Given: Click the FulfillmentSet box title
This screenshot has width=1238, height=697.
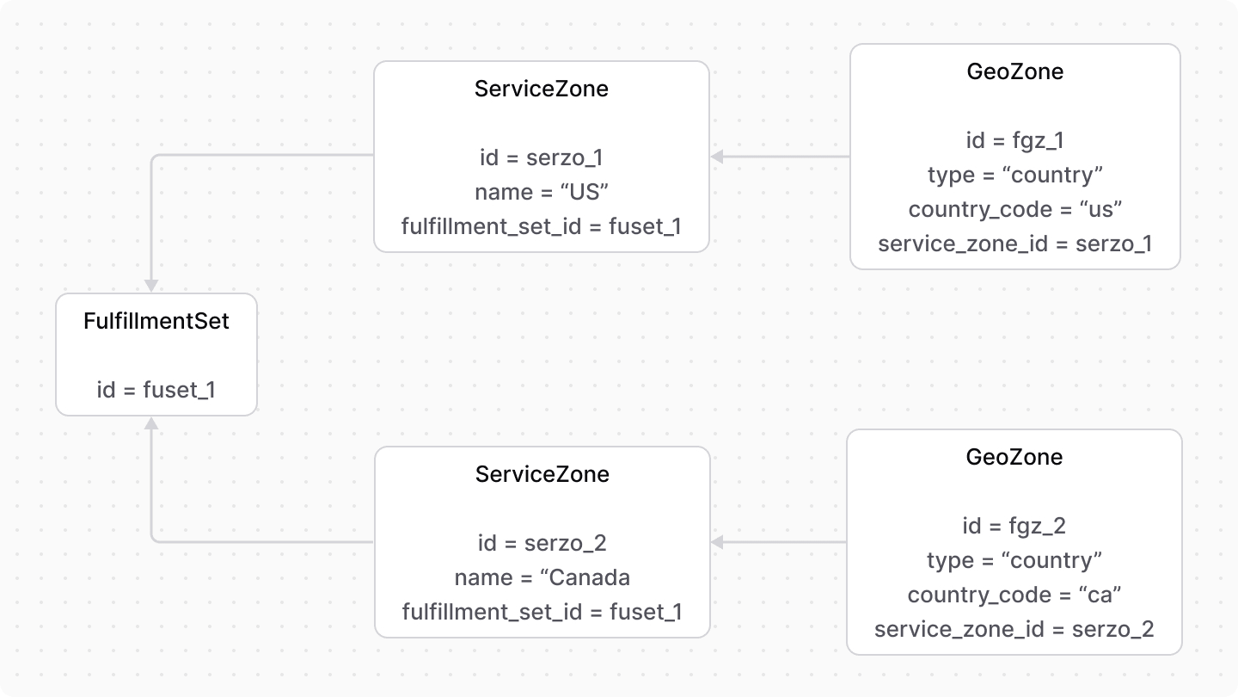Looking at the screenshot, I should (x=156, y=321).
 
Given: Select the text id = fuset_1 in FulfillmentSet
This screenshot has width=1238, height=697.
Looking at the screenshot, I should (x=156, y=390).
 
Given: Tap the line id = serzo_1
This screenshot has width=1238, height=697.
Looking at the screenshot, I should (x=542, y=157).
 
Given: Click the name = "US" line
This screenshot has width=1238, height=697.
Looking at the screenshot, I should (x=542, y=192).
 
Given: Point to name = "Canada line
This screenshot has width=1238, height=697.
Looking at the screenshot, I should (x=542, y=577).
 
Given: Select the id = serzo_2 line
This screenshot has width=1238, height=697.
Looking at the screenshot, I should (x=542, y=543).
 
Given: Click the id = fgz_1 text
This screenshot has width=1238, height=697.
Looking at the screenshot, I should (x=1014, y=140).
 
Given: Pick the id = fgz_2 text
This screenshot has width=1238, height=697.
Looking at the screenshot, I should (x=1014, y=526).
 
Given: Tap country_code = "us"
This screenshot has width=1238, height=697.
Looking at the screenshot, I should (x=1014, y=209).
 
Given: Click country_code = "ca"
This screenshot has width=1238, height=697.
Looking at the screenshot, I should (x=1014, y=595).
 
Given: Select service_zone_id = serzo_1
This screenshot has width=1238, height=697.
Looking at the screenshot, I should (x=1014, y=244).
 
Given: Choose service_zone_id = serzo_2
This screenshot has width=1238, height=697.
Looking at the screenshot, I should (x=1014, y=629).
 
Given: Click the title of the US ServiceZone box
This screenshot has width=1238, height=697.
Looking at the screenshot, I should (x=542, y=89).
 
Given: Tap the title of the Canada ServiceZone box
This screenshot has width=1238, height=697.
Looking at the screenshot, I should (x=542, y=474).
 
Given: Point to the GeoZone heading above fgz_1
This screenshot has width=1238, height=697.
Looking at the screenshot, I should (x=1014, y=71).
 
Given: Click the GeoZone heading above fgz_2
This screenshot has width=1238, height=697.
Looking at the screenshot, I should (x=1014, y=457).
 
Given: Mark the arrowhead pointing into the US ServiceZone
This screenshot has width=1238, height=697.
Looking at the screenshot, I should (x=717, y=157).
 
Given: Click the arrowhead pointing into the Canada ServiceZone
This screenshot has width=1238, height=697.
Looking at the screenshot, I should (x=717, y=542).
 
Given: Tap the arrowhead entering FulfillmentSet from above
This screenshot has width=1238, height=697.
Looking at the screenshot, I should (x=151, y=286).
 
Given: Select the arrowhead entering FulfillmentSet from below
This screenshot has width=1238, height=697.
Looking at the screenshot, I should (x=151, y=423).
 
